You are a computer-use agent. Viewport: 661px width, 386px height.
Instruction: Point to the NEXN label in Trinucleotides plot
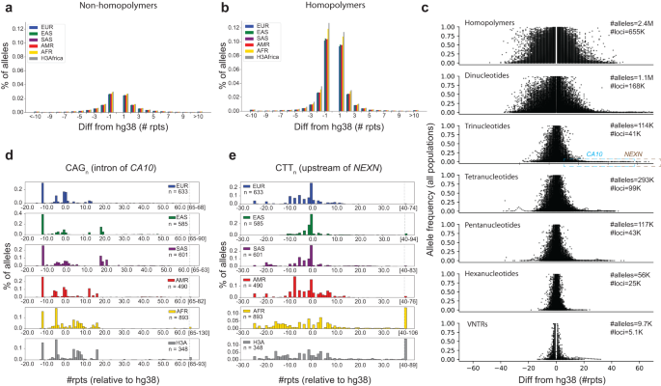[x=633, y=152]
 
